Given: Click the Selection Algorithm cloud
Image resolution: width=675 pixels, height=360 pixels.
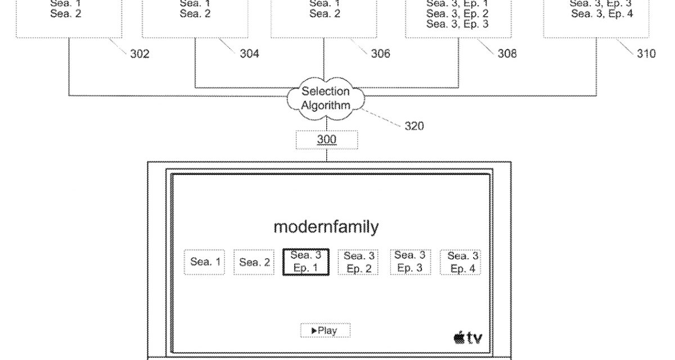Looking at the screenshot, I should click(x=326, y=99).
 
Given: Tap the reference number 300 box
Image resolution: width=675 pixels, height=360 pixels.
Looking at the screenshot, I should click(x=326, y=139).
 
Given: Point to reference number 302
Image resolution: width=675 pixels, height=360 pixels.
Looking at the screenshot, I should click(x=139, y=54).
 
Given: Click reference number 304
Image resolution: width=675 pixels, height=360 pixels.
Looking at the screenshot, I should click(x=249, y=54).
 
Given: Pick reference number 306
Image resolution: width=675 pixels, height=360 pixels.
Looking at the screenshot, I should click(x=380, y=54).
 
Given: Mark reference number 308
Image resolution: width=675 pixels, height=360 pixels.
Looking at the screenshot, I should click(x=507, y=54).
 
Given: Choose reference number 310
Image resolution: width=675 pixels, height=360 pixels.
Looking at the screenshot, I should click(x=646, y=54).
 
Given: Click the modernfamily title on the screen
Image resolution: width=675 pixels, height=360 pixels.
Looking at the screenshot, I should click(x=326, y=227).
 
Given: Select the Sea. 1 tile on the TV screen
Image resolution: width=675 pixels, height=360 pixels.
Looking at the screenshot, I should click(x=205, y=262).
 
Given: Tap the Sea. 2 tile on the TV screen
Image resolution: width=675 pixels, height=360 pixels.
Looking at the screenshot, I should click(x=254, y=262).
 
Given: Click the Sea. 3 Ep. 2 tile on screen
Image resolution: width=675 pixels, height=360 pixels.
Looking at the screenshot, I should click(x=359, y=262).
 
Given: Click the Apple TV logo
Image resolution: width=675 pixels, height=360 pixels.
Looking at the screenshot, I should click(x=467, y=338).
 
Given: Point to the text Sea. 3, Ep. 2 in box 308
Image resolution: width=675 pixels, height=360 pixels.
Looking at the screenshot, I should click(x=457, y=13).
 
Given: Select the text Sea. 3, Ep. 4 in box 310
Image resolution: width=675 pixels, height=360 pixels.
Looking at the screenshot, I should click(x=602, y=13).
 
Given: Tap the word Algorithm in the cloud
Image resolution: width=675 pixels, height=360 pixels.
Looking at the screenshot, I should click(x=326, y=105).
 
